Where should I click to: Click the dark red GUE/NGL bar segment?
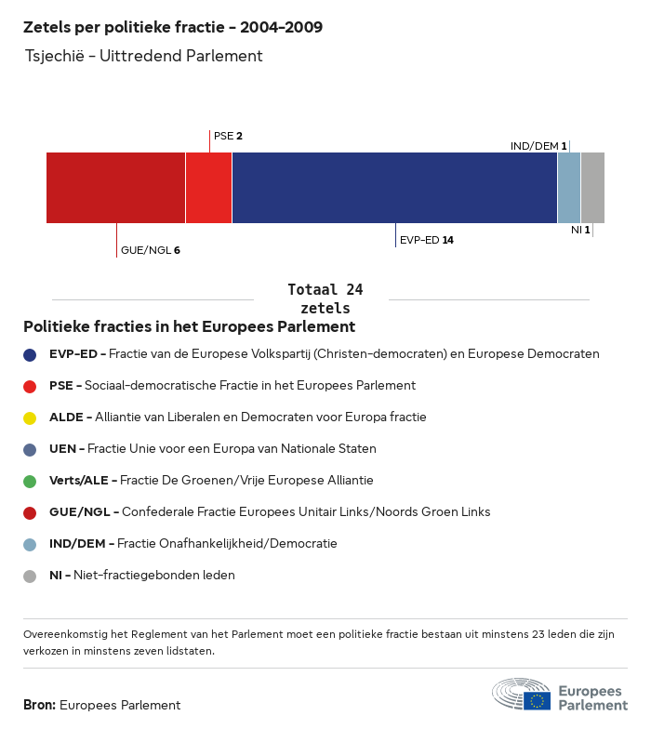(x=115, y=188)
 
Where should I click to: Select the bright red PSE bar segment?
(x=208, y=188)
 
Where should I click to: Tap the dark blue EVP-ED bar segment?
(x=394, y=188)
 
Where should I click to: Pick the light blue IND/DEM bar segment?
(x=569, y=188)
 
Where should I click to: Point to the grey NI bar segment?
(x=592, y=188)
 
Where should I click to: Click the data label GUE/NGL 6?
(x=150, y=250)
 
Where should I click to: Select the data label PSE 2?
(x=228, y=136)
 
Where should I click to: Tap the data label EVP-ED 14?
(x=426, y=240)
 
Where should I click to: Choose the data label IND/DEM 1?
(x=538, y=146)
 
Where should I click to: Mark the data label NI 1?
(x=580, y=230)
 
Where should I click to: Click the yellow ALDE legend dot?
(x=30, y=418)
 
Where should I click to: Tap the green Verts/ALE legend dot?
(x=30, y=481)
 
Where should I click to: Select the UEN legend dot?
(x=30, y=449)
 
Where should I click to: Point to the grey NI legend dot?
(x=30, y=576)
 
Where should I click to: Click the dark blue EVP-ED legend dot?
(x=30, y=354)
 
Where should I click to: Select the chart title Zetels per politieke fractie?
(x=173, y=27)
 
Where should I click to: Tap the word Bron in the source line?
(x=39, y=705)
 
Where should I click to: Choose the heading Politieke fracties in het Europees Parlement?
(x=189, y=326)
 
